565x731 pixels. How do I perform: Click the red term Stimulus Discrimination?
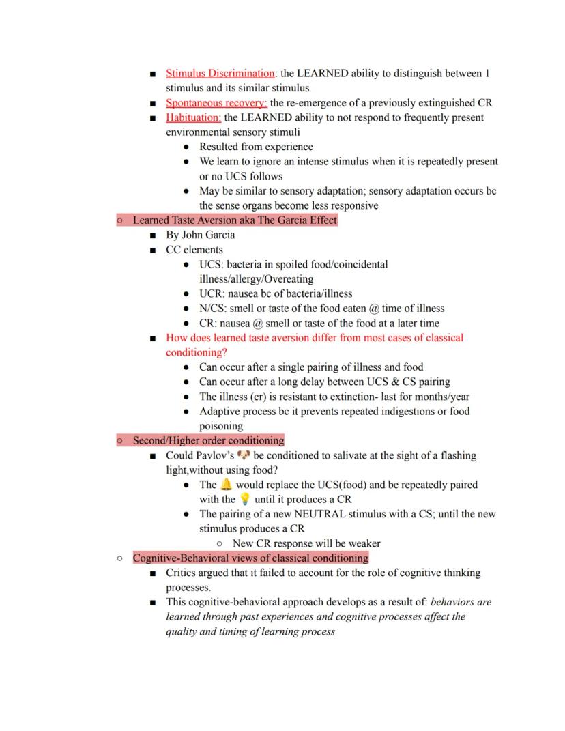pyautogui.click(x=220, y=73)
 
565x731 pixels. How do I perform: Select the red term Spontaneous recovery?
pyautogui.click(x=216, y=103)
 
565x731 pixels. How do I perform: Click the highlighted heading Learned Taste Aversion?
pyautogui.click(x=235, y=220)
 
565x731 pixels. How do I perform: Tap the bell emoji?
pyautogui.click(x=226, y=485)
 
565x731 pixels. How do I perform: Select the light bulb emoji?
pyautogui.click(x=245, y=499)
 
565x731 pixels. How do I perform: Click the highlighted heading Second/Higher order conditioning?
pyautogui.click(x=208, y=440)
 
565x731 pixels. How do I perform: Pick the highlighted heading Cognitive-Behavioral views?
pyautogui.click(x=250, y=558)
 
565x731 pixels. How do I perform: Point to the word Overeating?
pyautogui.click(x=286, y=278)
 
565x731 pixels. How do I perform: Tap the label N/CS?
pyautogui.click(x=212, y=309)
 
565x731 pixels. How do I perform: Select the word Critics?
pyautogui.click(x=182, y=573)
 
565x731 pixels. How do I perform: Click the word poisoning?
pyautogui.click(x=221, y=426)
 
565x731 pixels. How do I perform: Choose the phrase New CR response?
pyautogui.click(x=272, y=543)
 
